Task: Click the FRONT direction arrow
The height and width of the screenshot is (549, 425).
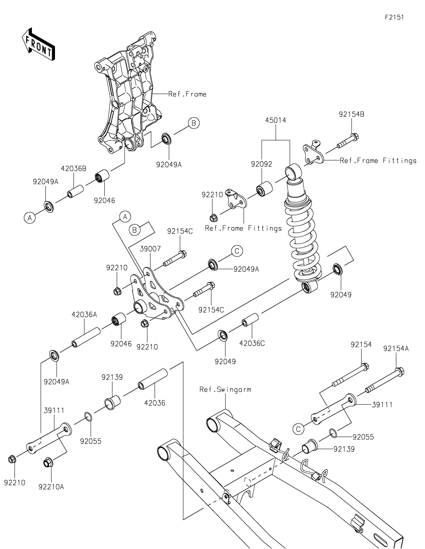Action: click(x=38, y=44)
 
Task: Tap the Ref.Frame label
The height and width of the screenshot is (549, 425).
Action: click(x=187, y=94)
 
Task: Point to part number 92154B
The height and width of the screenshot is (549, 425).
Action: click(x=351, y=114)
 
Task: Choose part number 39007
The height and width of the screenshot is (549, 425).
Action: click(x=150, y=249)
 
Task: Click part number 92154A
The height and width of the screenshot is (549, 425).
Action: click(x=396, y=348)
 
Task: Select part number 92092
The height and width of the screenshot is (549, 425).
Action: click(x=261, y=164)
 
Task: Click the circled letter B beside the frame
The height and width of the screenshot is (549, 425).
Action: click(x=193, y=123)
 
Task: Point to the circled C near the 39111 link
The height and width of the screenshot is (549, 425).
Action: click(x=298, y=429)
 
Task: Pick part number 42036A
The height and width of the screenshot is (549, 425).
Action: click(x=84, y=314)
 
